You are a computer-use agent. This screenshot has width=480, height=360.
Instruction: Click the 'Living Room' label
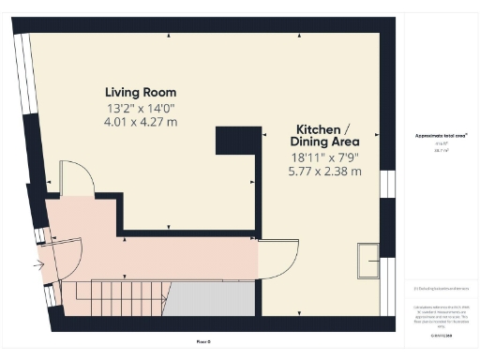[x=140, y=92]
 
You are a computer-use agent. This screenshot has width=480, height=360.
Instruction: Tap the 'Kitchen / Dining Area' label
[x=323, y=135]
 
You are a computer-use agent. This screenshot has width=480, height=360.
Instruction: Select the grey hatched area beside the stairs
[x=211, y=300]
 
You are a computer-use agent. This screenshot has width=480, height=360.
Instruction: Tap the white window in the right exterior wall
[x=384, y=184]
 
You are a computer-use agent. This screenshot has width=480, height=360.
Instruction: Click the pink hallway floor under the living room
[x=187, y=251]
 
